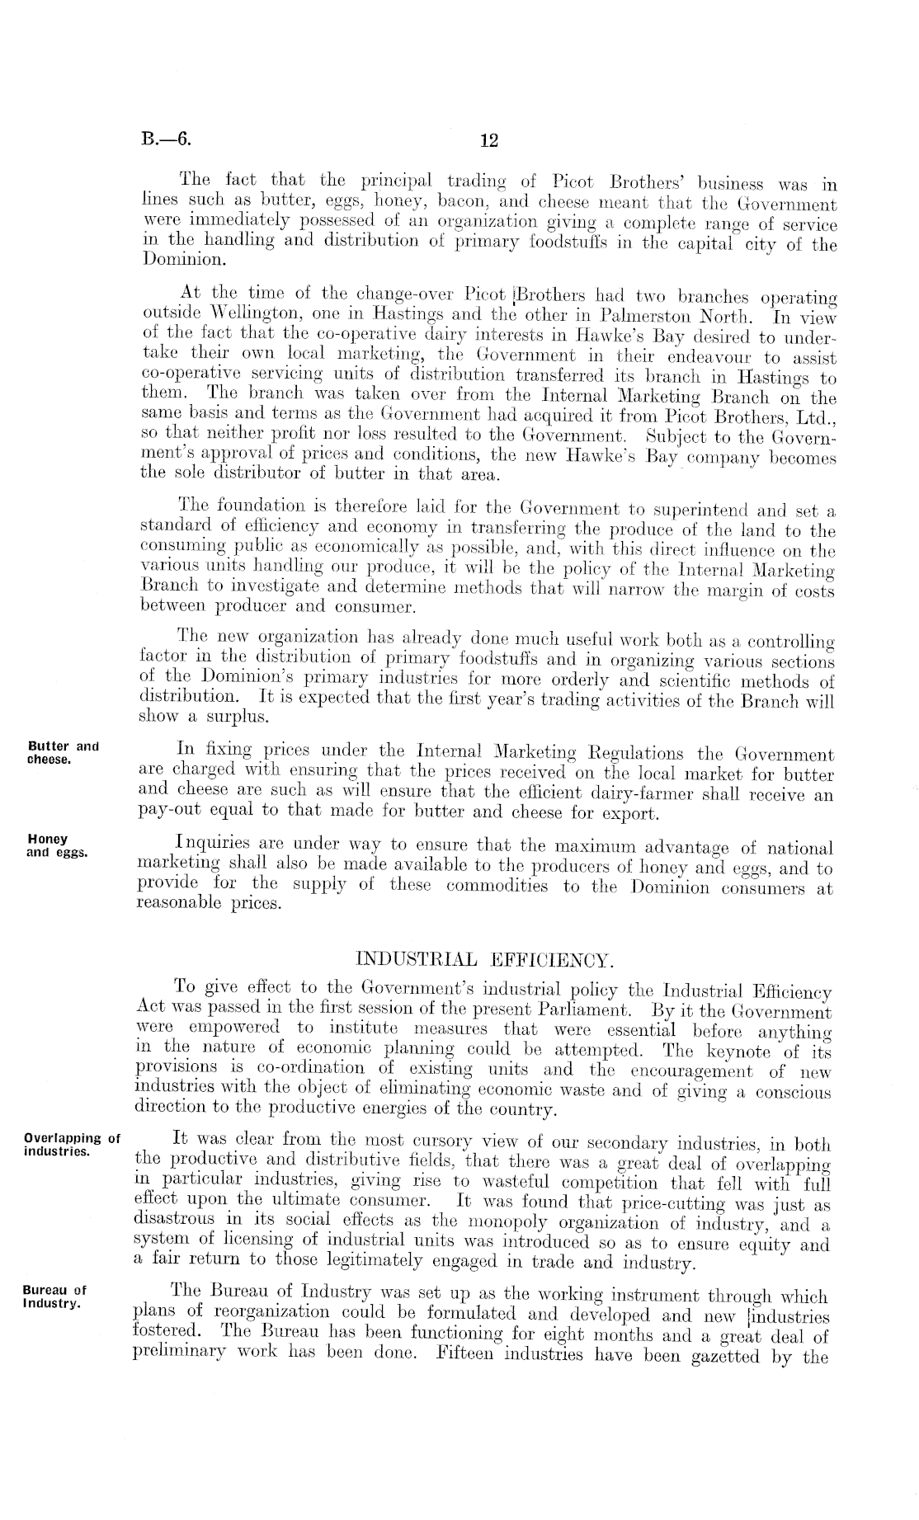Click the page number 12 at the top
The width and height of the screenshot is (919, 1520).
(489, 140)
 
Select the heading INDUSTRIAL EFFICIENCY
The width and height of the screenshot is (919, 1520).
(483, 960)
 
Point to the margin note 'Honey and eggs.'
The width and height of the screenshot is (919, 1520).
(57, 845)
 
